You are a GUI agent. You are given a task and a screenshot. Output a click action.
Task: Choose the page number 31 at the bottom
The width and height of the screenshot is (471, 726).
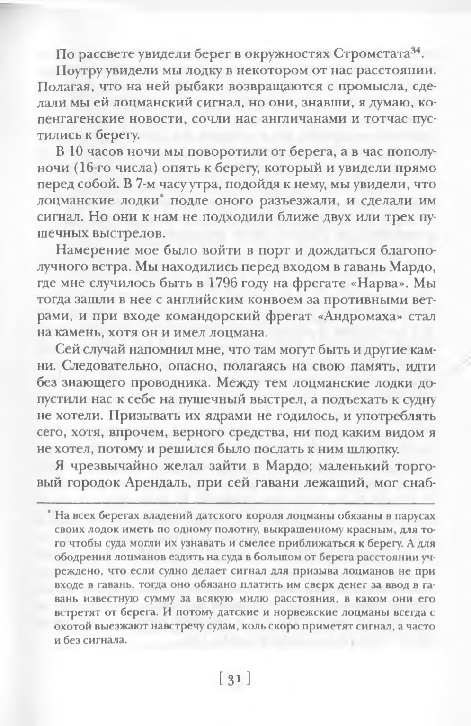coord(235,680)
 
